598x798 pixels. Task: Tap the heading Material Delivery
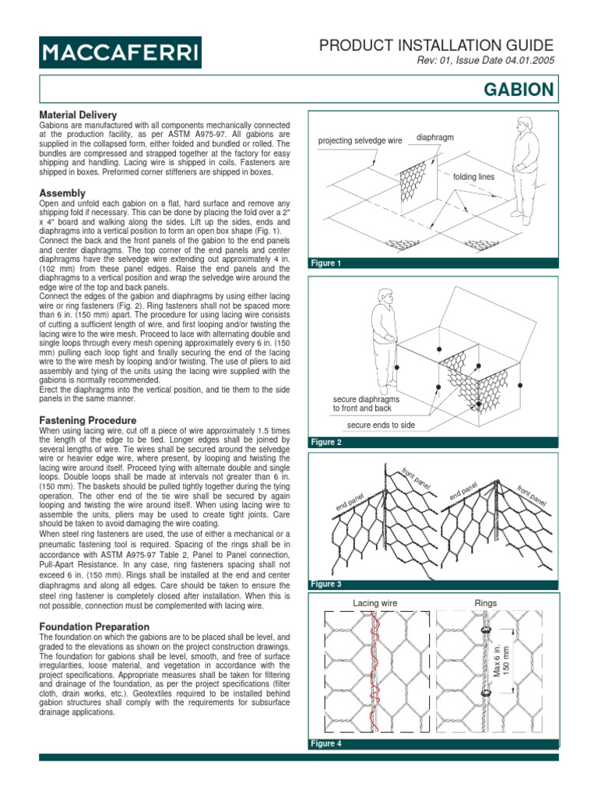click(x=78, y=115)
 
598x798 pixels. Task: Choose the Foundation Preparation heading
click(x=93, y=626)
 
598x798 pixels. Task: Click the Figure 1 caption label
click(x=326, y=263)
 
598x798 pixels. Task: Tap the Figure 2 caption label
click(x=326, y=442)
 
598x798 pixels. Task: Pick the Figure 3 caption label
click(x=326, y=584)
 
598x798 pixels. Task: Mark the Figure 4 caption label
click(x=326, y=743)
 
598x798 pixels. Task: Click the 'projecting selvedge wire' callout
click(x=360, y=140)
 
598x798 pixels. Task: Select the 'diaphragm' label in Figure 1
click(x=435, y=137)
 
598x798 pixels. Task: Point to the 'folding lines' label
click(x=473, y=177)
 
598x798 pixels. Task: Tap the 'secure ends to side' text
click(x=381, y=425)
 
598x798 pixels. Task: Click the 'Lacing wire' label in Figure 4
click(x=375, y=602)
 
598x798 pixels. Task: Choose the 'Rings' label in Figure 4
click(x=486, y=602)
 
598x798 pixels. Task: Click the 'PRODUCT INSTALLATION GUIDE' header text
click(x=437, y=45)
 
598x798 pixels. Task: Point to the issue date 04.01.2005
click(x=527, y=62)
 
